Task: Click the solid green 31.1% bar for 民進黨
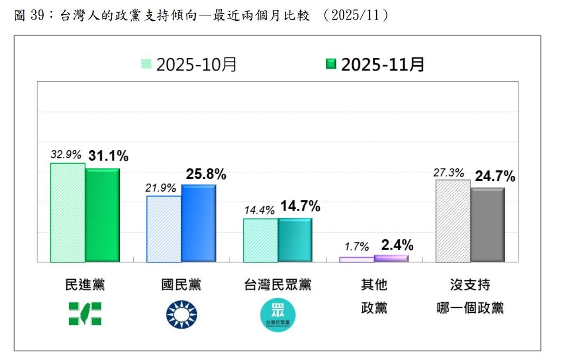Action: [102, 215]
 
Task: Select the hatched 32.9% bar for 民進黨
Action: [68, 213]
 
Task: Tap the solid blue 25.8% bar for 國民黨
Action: [199, 223]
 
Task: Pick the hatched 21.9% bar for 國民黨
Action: [164, 229]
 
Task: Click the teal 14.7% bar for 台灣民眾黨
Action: [295, 240]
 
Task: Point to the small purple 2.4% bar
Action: [391, 258]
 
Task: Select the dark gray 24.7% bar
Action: [487, 224]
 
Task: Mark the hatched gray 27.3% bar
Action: [453, 221]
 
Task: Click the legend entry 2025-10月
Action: [189, 64]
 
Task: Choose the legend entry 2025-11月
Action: [375, 64]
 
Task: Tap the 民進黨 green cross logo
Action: [85, 314]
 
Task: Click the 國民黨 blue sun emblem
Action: [181, 314]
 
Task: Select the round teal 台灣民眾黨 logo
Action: [278, 315]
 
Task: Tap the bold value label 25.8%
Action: [206, 175]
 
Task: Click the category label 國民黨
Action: [181, 285]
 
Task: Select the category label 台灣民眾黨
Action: [278, 285]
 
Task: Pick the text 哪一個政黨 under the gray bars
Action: [470, 308]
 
